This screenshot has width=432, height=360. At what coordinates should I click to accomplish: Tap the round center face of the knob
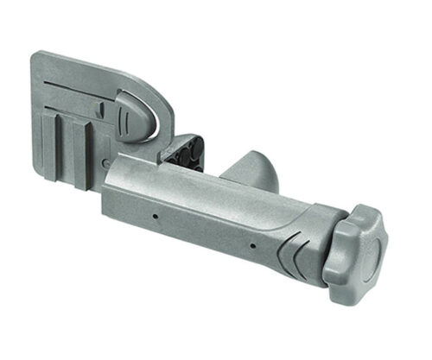[369, 256]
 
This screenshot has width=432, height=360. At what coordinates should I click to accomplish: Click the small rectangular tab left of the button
[102, 110]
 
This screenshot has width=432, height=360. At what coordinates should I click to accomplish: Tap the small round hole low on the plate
[104, 160]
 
